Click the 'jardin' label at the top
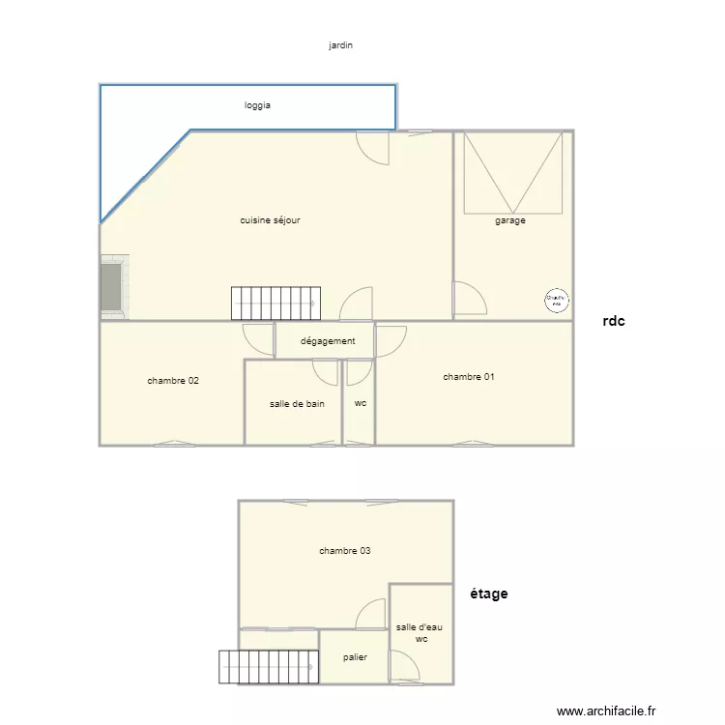[x=340, y=45]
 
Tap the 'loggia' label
[x=257, y=105]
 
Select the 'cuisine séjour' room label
[x=270, y=220]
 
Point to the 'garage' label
[x=510, y=220]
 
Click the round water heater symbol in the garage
[x=556, y=301]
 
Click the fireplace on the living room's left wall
[x=112, y=286]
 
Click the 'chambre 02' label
[x=173, y=381]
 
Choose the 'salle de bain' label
[x=297, y=404]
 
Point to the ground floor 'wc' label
[x=361, y=404]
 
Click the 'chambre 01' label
[x=469, y=377]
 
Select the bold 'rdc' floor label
[x=613, y=321]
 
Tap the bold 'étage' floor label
[x=488, y=594]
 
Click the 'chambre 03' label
[x=345, y=551]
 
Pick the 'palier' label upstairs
[x=355, y=657]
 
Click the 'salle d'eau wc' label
[x=420, y=633]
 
